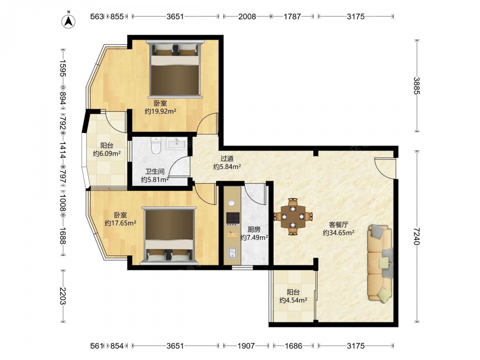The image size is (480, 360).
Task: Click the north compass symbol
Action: click(x=69, y=21)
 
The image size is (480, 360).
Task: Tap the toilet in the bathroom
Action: click(x=156, y=145)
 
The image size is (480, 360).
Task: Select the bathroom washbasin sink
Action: click(x=177, y=143)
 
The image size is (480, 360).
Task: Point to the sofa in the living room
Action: click(x=380, y=263)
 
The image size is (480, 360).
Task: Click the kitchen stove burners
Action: click(x=233, y=218)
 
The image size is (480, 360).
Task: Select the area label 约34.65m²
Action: click(x=338, y=233)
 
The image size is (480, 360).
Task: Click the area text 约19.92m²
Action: click(x=160, y=111)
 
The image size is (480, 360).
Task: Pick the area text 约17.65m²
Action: click(x=120, y=223)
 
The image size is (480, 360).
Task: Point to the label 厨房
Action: click(x=254, y=229)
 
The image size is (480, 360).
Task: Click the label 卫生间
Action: click(x=155, y=172)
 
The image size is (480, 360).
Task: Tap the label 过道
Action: click(x=227, y=158)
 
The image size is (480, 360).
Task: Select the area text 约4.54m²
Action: click(x=293, y=300)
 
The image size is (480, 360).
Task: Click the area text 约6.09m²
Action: click(x=107, y=154)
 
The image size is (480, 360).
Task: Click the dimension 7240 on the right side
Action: click(x=417, y=236)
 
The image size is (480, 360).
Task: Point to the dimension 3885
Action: click(x=417, y=86)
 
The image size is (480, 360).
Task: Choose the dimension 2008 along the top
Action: click(x=247, y=16)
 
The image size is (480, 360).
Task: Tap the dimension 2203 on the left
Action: click(x=63, y=296)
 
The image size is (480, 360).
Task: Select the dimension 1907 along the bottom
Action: click(x=246, y=346)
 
